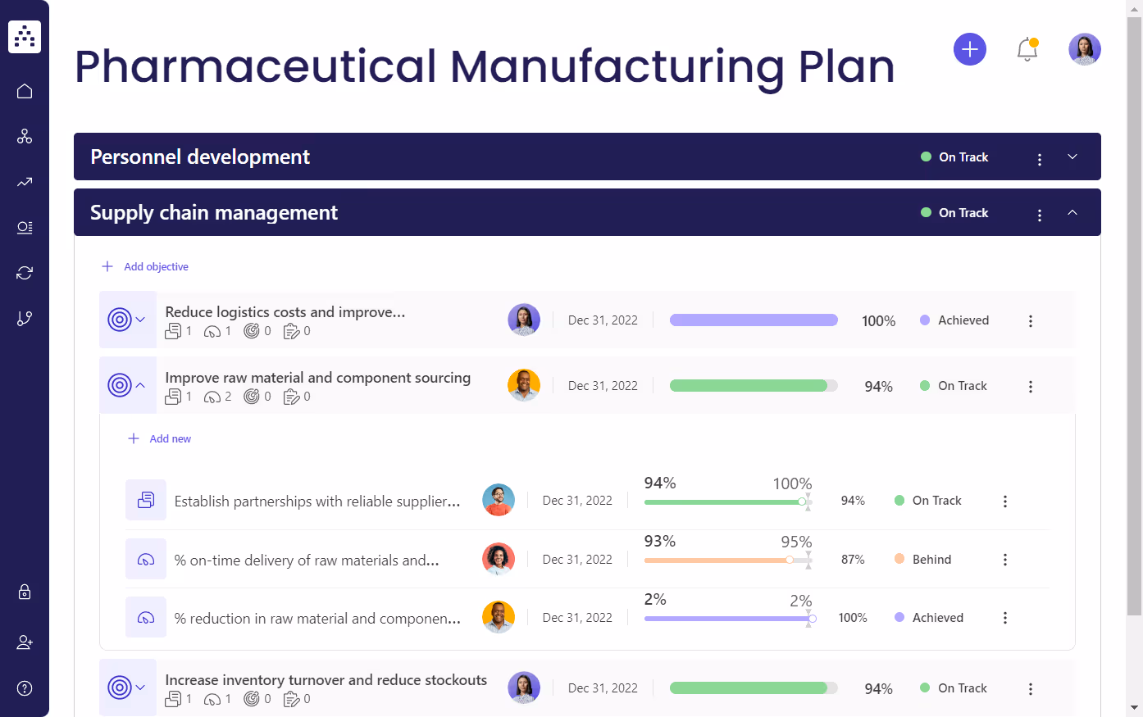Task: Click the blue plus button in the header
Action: (969, 49)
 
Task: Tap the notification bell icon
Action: (1027, 49)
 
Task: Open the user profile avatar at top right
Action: (1084, 49)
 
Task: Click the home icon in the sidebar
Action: (25, 91)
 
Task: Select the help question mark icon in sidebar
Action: (25, 688)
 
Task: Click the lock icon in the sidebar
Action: (25, 592)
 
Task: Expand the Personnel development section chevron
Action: (1072, 157)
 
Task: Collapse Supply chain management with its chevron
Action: (1072, 212)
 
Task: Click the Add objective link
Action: (156, 266)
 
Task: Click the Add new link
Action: (170, 438)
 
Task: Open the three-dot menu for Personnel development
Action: (1039, 159)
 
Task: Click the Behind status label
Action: (931, 560)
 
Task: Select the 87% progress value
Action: (853, 560)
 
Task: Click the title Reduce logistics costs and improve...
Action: (285, 312)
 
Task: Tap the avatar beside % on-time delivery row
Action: (499, 559)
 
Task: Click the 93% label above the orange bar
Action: (659, 542)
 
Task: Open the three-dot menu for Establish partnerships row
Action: (1004, 501)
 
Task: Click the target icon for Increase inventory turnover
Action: (120, 688)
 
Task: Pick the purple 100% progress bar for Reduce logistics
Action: (754, 320)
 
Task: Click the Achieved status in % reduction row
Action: (937, 618)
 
